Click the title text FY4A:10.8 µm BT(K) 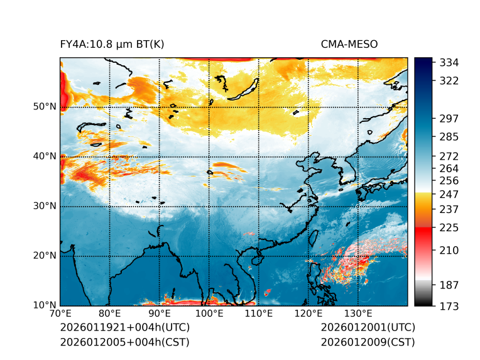pyautogui.click(x=112, y=44)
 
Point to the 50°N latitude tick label pyautogui.click(x=45, y=107)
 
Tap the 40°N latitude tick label pyautogui.click(x=45, y=156)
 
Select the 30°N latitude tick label pyautogui.click(x=45, y=206)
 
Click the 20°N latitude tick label pyautogui.click(x=45, y=256)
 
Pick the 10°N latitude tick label pyautogui.click(x=45, y=305)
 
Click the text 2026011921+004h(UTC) pyautogui.click(x=124, y=328)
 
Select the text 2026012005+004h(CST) pyautogui.click(x=124, y=342)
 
